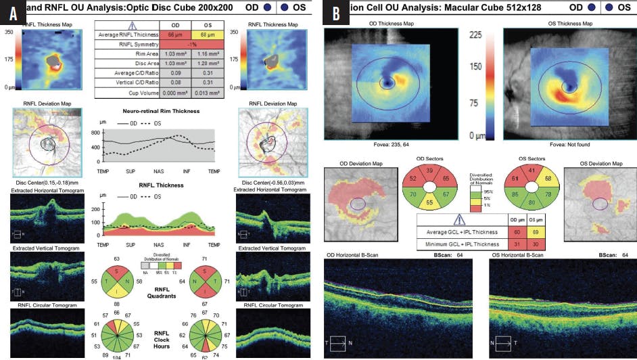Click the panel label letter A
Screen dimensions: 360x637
point(12,12)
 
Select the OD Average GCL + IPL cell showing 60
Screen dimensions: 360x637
point(517,231)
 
